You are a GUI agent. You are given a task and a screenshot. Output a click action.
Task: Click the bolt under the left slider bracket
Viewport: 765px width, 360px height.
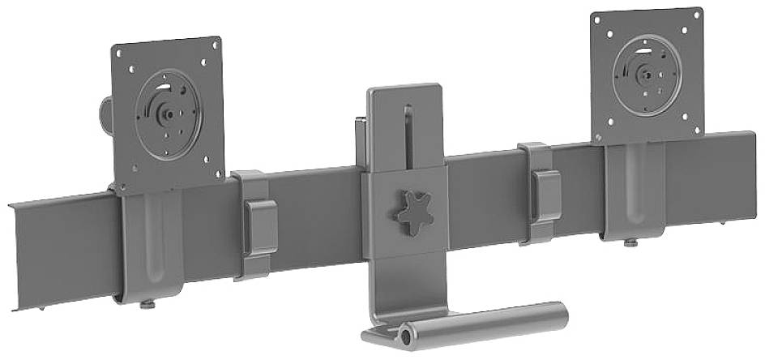(149, 304)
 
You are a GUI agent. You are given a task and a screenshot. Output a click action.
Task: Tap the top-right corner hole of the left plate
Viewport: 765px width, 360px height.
(213, 45)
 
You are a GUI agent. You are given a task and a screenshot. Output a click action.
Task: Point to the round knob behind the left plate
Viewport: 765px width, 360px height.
(105, 113)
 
